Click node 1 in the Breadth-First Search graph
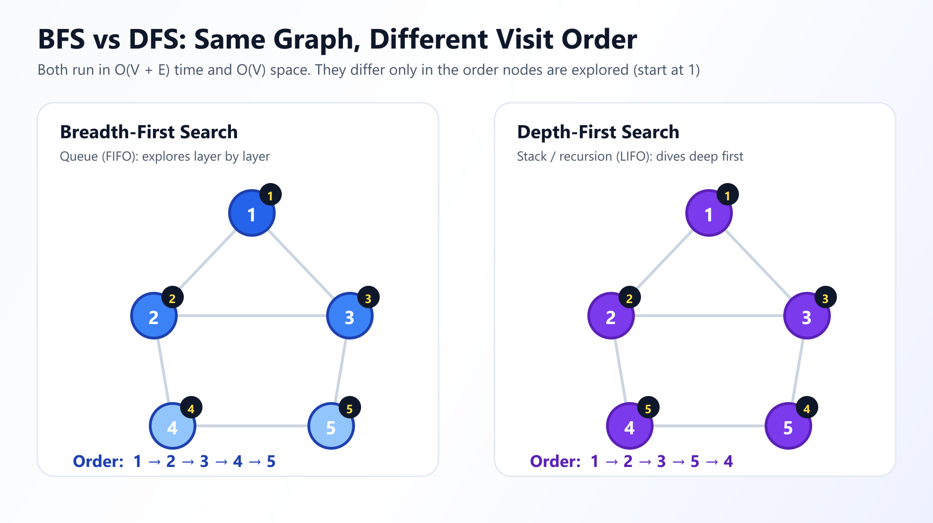point(252,213)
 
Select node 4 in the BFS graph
point(173,426)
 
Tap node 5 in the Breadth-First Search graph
point(331,426)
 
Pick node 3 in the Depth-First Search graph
point(807,316)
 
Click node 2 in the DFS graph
point(611,316)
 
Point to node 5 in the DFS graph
point(788,426)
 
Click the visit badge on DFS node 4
point(648,408)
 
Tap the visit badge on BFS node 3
point(369,297)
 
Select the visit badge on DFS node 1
point(728,195)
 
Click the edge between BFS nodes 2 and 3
point(252,316)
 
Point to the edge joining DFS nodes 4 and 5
point(709,426)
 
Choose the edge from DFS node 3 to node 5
point(798,371)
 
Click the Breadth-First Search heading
point(149,132)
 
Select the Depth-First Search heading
point(598,132)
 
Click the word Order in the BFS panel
point(98,461)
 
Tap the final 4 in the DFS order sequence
point(728,461)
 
